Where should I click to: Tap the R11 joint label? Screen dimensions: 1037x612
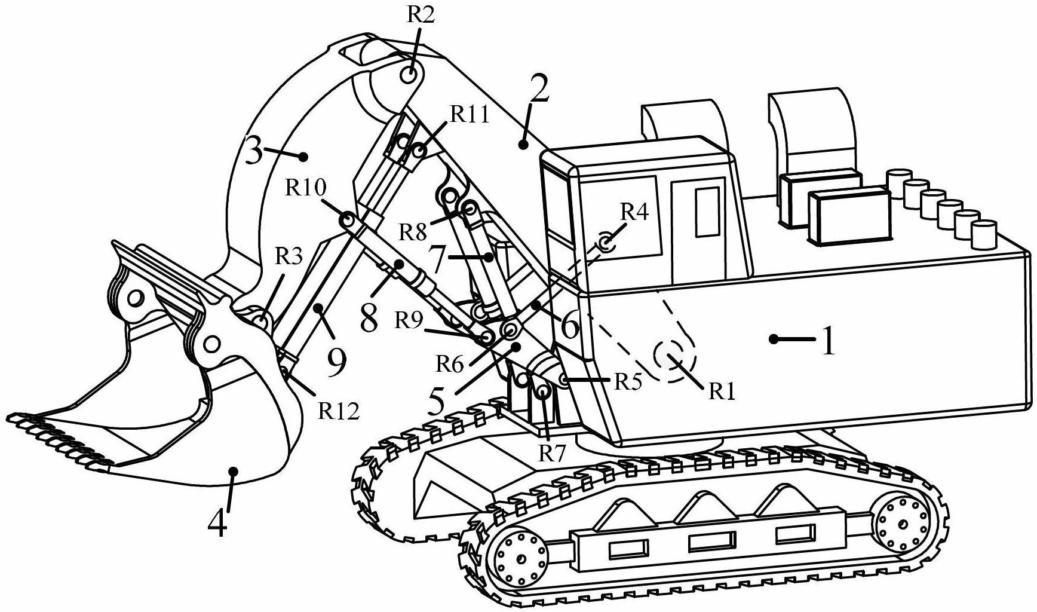point(469,114)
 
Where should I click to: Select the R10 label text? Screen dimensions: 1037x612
point(305,188)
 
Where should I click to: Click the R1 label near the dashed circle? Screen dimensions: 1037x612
point(722,391)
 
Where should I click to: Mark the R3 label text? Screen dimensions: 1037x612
point(289,256)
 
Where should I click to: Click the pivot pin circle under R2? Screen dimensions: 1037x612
point(410,76)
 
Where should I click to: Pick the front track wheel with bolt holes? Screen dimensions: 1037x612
point(518,559)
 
